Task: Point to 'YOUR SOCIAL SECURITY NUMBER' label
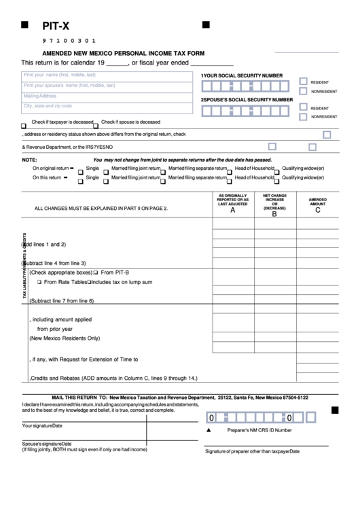[242, 75]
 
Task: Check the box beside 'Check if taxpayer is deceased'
[24, 125]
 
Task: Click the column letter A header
[233, 211]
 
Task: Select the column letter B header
[274, 213]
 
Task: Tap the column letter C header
[317, 211]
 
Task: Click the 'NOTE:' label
[30, 159]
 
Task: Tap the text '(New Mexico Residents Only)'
[64, 338]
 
